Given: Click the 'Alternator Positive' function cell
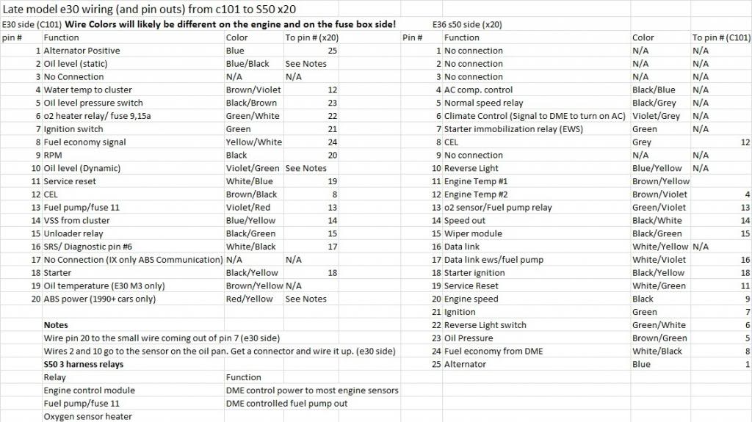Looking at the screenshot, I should point(82,51).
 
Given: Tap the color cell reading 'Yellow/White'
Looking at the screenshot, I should point(253,142).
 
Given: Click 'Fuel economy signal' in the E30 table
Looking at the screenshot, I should point(84,142).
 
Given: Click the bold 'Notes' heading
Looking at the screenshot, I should point(56,325).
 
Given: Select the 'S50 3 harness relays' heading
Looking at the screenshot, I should point(83,364).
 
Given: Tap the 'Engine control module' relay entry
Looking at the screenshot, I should point(89,390).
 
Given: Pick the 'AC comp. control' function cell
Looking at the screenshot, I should point(479,90).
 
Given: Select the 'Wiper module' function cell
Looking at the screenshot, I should point(473,233).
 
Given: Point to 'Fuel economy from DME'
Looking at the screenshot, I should point(493,351).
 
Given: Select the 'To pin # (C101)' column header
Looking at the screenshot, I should point(720,37).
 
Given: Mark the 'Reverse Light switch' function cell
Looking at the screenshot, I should point(485,325).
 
